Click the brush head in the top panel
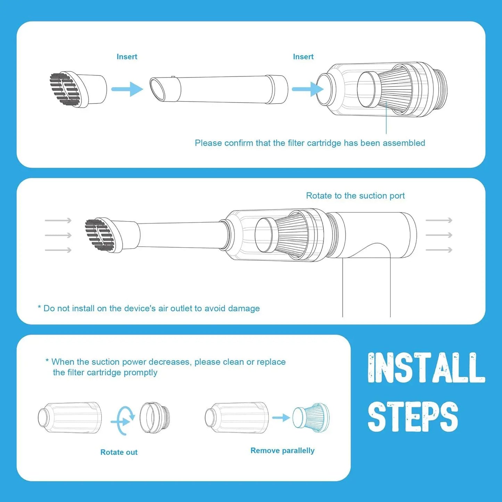pyautogui.click(x=77, y=89)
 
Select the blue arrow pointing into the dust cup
pyautogui.click(x=307, y=89)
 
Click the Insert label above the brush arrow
pyautogui.click(x=127, y=57)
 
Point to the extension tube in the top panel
pyautogui.click(x=219, y=89)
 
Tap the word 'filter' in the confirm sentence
pyautogui.click(x=296, y=143)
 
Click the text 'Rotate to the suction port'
pyautogui.click(x=355, y=196)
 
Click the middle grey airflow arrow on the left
pyautogui.click(x=58, y=235)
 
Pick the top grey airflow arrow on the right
pyautogui.click(x=439, y=220)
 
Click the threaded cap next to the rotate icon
pyautogui.click(x=155, y=418)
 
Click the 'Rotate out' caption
pyautogui.click(x=119, y=452)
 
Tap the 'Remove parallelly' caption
pyautogui.click(x=282, y=451)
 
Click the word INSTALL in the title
pyautogui.click(x=426, y=368)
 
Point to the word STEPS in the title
pyautogui.click(x=413, y=417)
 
